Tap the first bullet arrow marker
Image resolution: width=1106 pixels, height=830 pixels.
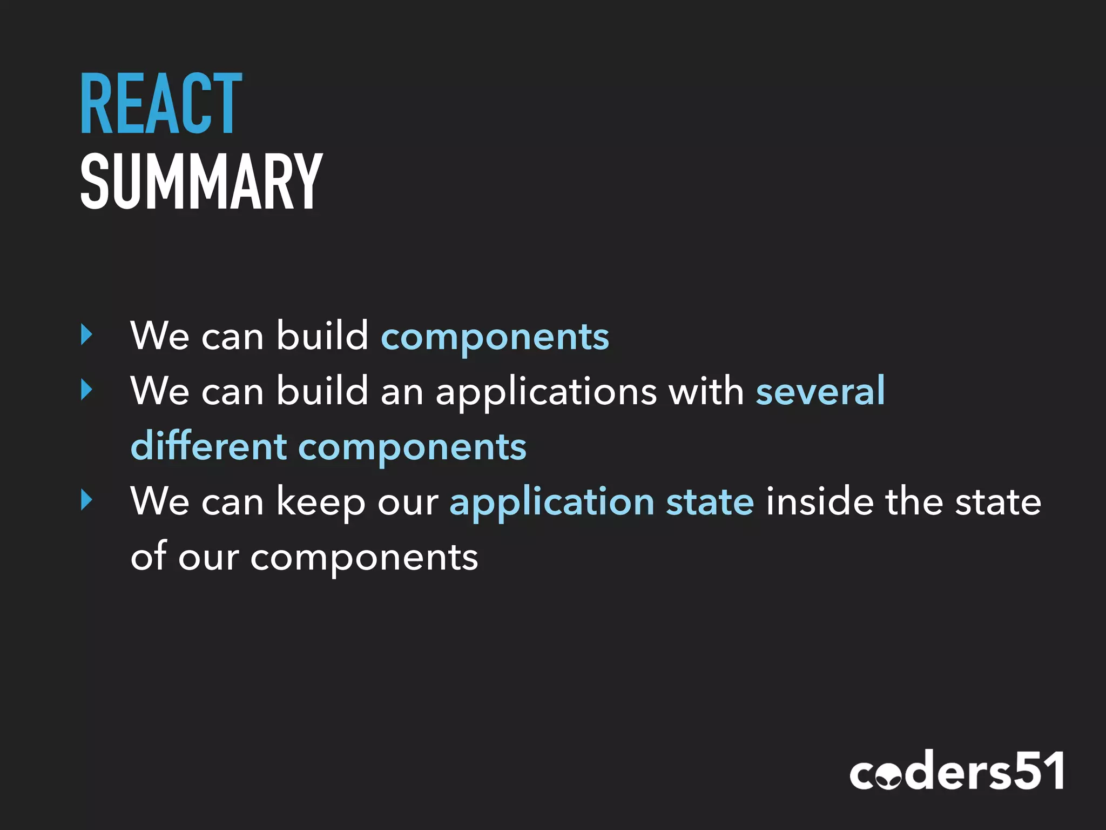86,334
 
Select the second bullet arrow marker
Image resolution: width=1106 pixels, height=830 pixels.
86,390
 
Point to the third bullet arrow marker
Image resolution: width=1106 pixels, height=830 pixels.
86,500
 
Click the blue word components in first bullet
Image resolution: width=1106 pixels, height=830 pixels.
495,337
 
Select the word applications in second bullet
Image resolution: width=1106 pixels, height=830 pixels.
546,392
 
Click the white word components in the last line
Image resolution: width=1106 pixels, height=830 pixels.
364,558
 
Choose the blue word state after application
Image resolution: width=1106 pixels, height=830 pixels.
710,501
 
